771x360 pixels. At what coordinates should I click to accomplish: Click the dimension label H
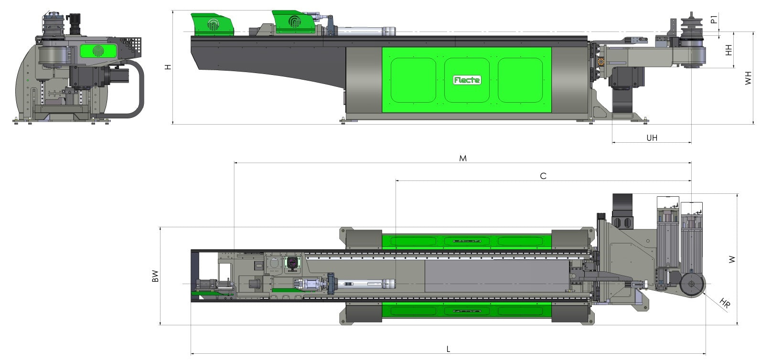click(x=168, y=67)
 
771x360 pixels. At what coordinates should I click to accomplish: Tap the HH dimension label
click(x=728, y=50)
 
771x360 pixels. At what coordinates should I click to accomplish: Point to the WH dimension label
click(x=748, y=78)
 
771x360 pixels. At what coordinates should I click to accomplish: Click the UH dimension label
click(x=652, y=138)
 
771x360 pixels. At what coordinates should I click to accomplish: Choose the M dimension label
click(x=463, y=159)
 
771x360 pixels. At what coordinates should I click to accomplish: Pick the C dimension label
click(x=543, y=176)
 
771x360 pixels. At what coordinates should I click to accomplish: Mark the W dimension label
click(x=732, y=260)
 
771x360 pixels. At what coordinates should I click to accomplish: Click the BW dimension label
click(x=155, y=276)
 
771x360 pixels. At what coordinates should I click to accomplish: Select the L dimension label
click(x=448, y=349)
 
